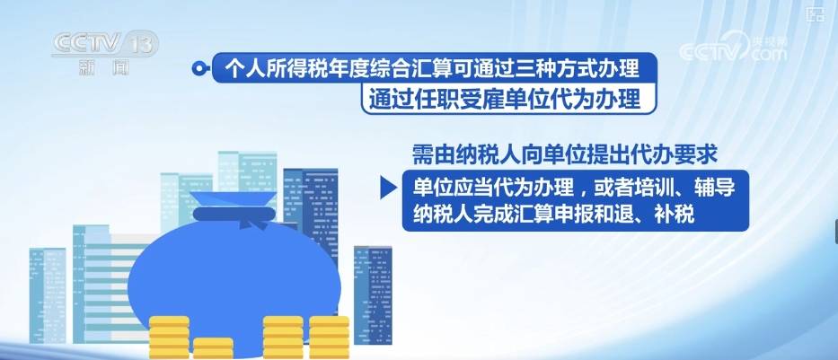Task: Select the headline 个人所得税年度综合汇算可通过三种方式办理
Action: point(432,68)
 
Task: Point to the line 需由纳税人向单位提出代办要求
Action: point(564,155)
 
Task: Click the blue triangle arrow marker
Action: point(388,188)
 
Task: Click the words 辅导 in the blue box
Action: point(715,187)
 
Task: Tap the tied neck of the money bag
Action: point(234,214)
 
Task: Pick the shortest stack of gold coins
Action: point(213,348)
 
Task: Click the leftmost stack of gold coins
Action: point(169,338)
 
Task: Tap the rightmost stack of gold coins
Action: point(330,338)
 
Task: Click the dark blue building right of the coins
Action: point(373,294)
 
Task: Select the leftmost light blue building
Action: point(48,295)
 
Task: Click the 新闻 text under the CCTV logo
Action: point(103,68)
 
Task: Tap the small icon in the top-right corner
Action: point(815,13)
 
